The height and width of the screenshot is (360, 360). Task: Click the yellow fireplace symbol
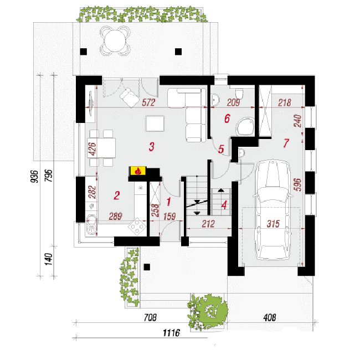138,171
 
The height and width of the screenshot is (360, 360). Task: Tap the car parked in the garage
272,210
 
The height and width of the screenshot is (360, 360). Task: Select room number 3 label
152,146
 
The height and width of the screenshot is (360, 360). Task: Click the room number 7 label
286,143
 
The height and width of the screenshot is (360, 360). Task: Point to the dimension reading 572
148,102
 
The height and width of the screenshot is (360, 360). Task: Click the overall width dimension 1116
171,332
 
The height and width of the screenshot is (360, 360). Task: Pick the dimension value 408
270,317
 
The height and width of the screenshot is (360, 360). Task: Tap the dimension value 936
34,176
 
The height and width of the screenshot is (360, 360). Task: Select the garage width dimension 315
273,224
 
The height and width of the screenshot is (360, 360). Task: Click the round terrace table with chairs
115,41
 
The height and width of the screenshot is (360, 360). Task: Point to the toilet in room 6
239,93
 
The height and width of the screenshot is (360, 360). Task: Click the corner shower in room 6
245,126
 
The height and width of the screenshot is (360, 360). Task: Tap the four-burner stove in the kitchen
137,227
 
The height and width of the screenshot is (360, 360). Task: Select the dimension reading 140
48,259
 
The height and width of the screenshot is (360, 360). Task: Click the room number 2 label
117,196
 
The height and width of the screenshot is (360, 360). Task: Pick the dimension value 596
297,184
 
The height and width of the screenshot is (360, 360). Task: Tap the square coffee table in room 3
155,124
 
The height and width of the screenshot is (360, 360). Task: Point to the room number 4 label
224,205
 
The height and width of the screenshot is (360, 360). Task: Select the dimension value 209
234,102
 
